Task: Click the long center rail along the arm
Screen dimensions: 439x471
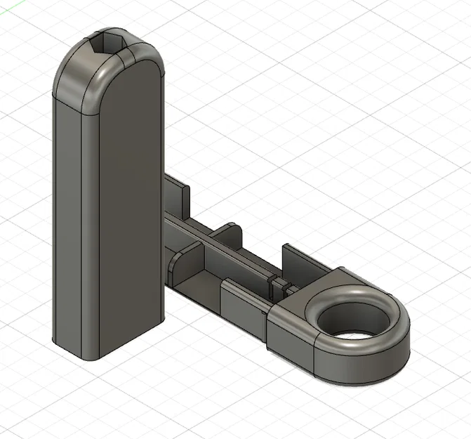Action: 232,253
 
